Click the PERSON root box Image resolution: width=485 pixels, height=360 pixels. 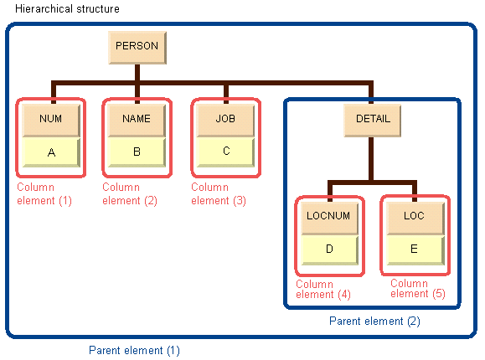(137, 48)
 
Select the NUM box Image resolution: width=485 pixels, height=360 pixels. (51, 120)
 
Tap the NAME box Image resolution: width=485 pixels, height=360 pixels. (137, 120)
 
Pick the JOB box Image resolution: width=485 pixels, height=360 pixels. (225, 120)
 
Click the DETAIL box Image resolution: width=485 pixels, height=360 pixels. (373, 121)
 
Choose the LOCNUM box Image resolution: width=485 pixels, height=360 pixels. (330, 218)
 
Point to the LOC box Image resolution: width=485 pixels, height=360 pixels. (415, 218)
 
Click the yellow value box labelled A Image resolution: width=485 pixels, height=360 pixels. (51, 152)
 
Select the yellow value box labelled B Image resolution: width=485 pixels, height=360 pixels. (137, 152)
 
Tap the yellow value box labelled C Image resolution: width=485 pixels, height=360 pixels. (225, 152)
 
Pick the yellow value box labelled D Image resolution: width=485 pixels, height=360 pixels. (330, 249)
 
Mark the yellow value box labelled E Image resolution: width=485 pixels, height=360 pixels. (415, 249)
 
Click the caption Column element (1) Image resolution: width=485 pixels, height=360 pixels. (44, 194)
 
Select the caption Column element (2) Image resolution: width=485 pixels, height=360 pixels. (130, 194)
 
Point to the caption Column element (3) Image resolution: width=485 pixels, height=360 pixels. (219, 194)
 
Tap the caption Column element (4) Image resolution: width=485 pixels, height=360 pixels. (323, 289)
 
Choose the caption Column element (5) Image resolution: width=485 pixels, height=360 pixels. (418, 289)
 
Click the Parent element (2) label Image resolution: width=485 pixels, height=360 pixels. (374, 321)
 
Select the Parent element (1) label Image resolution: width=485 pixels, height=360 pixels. (134, 351)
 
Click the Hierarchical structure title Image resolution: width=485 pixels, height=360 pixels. (67, 8)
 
